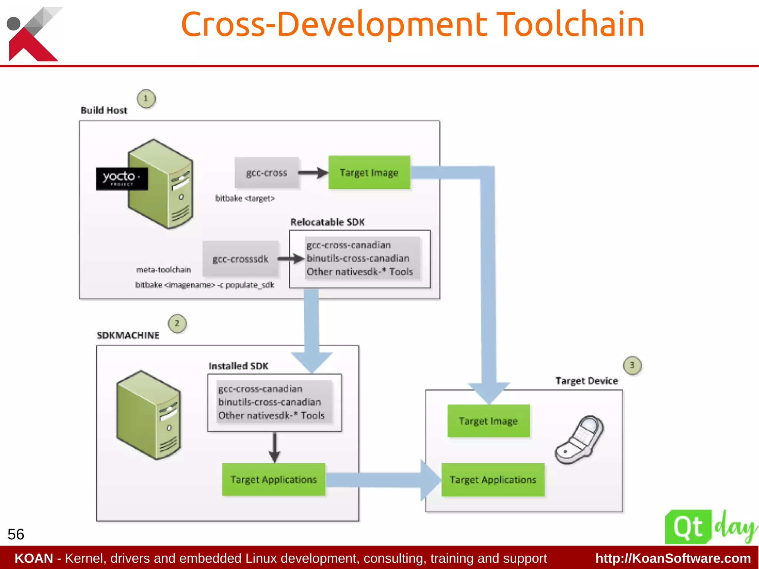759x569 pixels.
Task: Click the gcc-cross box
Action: (x=266, y=173)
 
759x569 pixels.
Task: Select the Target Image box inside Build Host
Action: (x=369, y=172)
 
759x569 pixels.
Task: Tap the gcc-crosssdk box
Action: (x=240, y=259)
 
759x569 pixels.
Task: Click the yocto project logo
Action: (x=122, y=179)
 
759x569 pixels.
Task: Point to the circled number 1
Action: (x=146, y=99)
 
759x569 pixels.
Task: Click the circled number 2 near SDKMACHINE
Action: (x=177, y=323)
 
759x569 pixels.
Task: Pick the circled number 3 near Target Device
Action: (x=632, y=365)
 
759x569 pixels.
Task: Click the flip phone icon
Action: (x=579, y=440)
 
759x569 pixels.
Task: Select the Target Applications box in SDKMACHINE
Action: (x=274, y=479)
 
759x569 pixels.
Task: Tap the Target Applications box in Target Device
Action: (x=493, y=480)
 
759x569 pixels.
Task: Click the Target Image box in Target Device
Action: (x=488, y=421)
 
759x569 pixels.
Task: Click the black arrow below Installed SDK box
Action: (x=274, y=448)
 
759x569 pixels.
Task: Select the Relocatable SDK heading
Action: (x=328, y=222)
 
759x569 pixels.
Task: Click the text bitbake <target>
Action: (x=245, y=198)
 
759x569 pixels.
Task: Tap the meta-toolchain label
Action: (x=163, y=270)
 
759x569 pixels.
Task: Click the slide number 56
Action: (x=16, y=534)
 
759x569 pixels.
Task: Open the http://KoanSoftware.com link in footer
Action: (x=673, y=558)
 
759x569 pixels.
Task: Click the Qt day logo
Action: (x=710, y=527)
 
